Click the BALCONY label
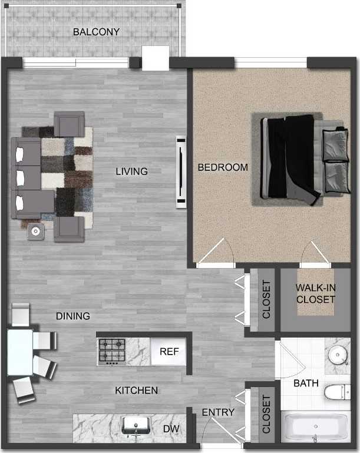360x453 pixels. [97, 32]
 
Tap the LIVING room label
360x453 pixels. [131, 171]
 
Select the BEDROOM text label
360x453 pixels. [223, 167]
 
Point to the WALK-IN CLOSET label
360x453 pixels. [315, 293]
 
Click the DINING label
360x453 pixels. [73, 316]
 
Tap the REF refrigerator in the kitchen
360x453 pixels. [169, 352]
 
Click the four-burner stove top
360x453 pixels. [111, 351]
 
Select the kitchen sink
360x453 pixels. [137, 425]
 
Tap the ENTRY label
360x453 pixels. [218, 412]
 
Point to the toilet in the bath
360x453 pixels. [339, 391]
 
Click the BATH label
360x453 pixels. [306, 383]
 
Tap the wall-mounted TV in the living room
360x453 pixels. [181, 171]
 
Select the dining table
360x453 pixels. [19, 352]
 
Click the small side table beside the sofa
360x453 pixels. [37, 231]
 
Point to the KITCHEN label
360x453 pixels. [136, 391]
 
